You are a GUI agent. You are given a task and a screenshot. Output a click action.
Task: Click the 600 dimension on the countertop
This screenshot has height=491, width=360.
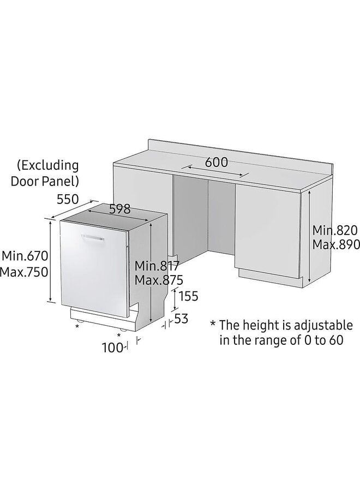pyautogui.click(x=217, y=162)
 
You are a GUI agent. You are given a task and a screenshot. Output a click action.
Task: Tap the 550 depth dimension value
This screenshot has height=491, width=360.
pyautogui.click(x=68, y=199)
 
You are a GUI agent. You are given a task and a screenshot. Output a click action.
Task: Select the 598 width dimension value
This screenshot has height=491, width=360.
pyautogui.click(x=119, y=208)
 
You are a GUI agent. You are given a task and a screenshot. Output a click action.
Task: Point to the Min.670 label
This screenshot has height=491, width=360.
pyautogui.click(x=25, y=255)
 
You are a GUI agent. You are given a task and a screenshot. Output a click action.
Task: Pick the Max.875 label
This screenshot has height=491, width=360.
pyautogui.click(x=159, y=280)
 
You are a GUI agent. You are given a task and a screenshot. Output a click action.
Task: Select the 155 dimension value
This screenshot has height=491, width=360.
pyautogui.click(x=188, y=296)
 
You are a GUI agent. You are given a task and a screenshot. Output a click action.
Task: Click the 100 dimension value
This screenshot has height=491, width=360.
pyautogui.click(x=112, y=348)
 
